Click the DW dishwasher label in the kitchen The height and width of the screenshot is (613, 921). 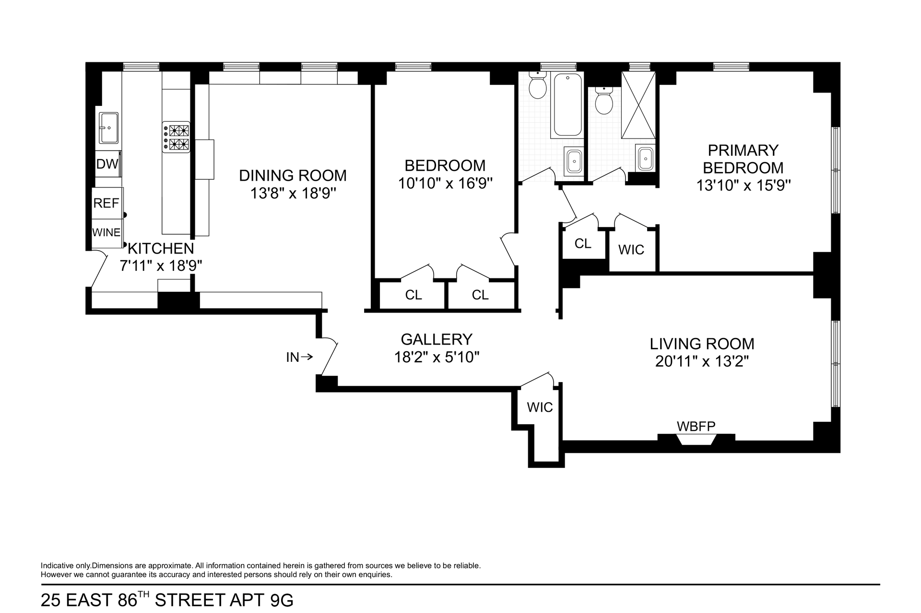click(x=107, y=164)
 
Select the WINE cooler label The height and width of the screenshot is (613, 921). click(x=106, y=232)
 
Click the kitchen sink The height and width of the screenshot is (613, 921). click(x=109, y=128)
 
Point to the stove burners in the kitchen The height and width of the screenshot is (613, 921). click(x=176, y=137)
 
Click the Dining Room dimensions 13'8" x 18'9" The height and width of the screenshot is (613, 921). click(x=293, y=194)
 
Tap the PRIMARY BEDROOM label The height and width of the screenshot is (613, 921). click(x=743, y=159)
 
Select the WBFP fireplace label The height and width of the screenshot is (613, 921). click(x=696, y=426)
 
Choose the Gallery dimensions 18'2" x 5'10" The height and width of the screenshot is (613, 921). click(x=437, y=358)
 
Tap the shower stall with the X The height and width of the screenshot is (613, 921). click(x=638, y=105)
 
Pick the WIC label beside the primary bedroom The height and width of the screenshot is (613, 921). click(x=631, y=250)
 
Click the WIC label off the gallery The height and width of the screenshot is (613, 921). click(x=540, y=407)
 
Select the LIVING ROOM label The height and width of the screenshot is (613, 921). click(x=702, y=344)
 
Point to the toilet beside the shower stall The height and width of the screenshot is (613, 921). click(x=604, y=101)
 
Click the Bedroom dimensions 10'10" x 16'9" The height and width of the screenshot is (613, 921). click(x=446, y=184)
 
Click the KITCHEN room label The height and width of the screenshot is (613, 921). click(x=161, y=248)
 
